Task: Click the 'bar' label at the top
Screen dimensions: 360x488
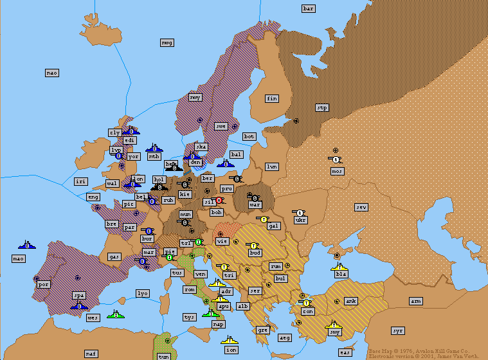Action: [309, 8]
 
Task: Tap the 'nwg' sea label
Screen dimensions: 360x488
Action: [167, 42]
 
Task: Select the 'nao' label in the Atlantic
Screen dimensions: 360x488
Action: [52, 73]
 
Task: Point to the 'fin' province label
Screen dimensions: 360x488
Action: [272, 98]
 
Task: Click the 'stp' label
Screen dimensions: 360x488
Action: [322, 107]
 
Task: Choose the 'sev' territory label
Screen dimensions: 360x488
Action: [361, 207]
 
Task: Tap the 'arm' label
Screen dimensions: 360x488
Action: [416, 301]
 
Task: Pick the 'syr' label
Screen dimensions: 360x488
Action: [398, 330]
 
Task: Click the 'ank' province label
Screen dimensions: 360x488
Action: [351, 301]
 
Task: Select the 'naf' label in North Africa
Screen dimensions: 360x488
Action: [91, 354]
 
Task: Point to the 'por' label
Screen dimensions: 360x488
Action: [44, 283]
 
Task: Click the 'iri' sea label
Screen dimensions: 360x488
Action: [80, 181]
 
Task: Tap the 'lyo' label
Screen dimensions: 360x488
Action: [143, 293]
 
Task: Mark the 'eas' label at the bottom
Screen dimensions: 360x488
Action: [345, 352]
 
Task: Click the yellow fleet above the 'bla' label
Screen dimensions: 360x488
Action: [339, 265]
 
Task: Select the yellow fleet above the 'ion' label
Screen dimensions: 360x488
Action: [230, 340]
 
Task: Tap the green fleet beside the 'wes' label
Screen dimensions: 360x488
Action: [116, 314]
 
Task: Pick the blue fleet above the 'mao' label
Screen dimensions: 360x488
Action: [27, 244]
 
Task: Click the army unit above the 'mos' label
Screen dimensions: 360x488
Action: [336, 159]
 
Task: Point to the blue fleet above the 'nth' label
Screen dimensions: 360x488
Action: [154, 147]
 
